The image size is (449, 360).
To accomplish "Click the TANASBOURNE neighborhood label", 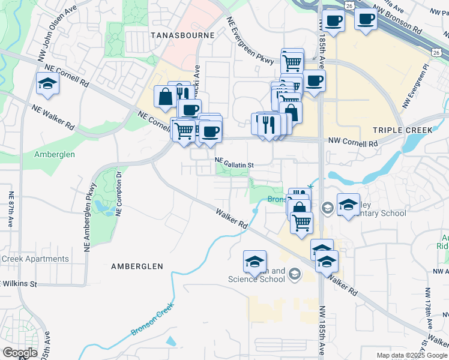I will coord(182,35).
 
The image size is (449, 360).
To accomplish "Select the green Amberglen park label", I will coord(54,154).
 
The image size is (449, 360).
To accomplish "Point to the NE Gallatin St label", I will coord(235,163).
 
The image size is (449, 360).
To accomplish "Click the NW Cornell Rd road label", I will coord(354,143).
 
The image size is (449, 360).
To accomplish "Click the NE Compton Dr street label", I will coord(119,193).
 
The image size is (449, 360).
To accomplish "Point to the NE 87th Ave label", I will coord(11,209).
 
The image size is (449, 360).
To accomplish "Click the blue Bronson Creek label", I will coord(152,319).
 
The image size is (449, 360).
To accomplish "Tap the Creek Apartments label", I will coord(35,259).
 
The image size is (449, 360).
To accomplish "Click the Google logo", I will coord(20,353).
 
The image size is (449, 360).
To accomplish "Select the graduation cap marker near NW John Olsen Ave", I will coord(47,85).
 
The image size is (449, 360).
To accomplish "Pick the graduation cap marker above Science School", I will coord(255,261).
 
